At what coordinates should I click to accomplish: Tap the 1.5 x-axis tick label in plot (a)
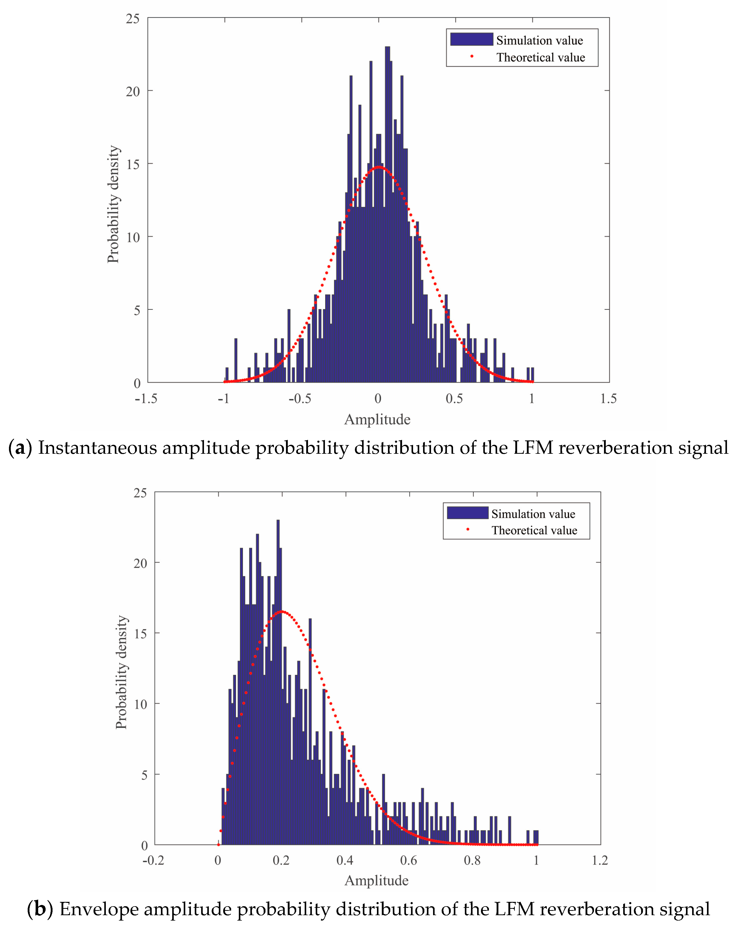[608, 399]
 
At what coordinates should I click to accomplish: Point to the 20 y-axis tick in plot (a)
[133, 91]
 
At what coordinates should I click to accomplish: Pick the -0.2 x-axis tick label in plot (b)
[153, 860]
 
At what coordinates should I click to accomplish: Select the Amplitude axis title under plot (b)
[376, 880]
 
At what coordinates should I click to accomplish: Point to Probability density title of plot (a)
[113, 204]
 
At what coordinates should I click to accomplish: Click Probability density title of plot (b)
[121, 672]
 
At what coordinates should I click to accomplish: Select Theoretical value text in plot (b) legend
[534, 530]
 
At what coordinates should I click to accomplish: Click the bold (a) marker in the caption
[20, 448]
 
